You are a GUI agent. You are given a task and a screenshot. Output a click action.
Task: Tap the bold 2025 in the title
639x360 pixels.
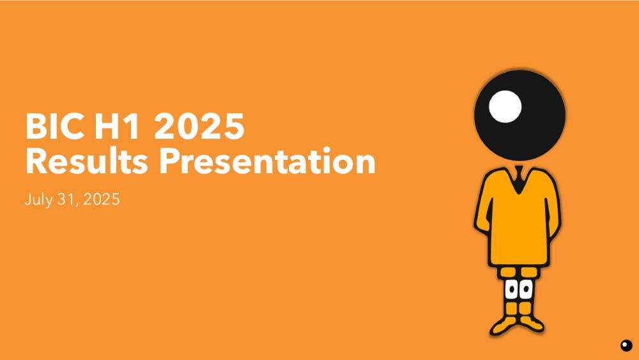(x=199, y=126)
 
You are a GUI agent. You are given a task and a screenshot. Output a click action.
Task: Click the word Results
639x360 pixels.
(x=86, y=160)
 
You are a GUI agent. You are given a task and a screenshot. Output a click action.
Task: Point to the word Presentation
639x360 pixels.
(x=267, y=160)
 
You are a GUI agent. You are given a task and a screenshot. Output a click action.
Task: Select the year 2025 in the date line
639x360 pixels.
(x=102, y=200)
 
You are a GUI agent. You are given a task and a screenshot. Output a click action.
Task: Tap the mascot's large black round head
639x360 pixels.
(x=520, y=115)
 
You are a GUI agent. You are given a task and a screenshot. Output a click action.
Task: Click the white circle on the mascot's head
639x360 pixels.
(x=505, y=106)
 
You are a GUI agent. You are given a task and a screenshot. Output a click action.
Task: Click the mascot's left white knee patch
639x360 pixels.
(x=511, y=289)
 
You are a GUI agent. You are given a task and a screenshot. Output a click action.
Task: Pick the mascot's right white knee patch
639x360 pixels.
(x=525, y=289)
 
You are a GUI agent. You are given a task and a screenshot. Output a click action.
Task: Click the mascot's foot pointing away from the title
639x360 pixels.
(x=532, y=324)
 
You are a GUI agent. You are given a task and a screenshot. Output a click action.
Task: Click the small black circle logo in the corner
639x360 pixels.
(x=626, y=345)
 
